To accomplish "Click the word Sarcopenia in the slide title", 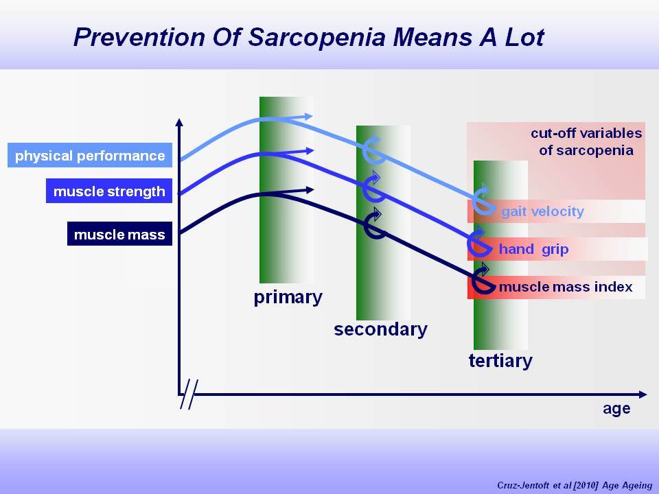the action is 317,38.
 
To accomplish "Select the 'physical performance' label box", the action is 90,155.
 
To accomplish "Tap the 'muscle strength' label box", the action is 109,191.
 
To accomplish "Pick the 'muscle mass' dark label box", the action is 119,233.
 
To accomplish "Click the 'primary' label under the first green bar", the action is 288,297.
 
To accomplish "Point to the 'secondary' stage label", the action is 380,329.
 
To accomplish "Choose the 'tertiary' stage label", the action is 500,361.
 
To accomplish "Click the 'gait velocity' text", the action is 542,211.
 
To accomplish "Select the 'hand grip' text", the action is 534,249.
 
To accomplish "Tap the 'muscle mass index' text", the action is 566,287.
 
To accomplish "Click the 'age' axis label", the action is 616,409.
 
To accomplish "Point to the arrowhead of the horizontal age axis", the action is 643,395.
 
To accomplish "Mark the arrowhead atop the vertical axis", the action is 179,122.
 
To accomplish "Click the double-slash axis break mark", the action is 189,394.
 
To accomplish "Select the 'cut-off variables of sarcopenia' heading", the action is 586,141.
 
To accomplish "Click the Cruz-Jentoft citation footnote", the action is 575,485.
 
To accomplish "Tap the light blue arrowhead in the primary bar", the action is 308,117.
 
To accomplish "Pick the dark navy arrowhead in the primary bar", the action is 310,190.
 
